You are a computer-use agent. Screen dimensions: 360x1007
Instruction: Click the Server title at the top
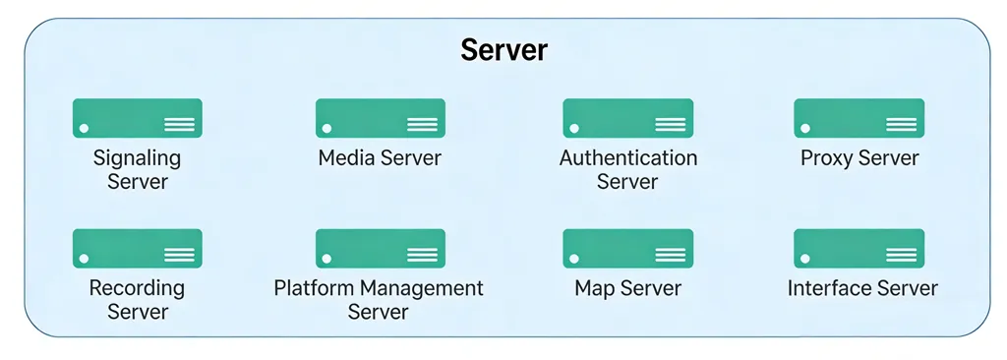pyautogui.click(x=503, y=50)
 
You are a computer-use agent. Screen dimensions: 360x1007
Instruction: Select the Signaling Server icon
pyautogui.click(x=137, y=118)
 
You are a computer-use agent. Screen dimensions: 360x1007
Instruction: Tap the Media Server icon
pyautogui.click(x=380, y=118)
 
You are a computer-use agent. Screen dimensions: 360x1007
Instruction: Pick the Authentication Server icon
pyautogui.click(x=627, y=118)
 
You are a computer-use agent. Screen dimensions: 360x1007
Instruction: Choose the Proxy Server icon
pyautogui.click(x=859, y=118)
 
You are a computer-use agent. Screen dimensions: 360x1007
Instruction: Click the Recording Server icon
pyautogui.click(x=137, y=249)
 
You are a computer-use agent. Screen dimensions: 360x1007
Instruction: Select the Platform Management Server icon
pyautogui.click(x=380, y=249)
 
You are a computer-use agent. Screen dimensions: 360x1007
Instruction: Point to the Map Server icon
pyautogui.click(x=627, y=249)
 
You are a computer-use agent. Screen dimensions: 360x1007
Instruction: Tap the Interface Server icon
pyautogui.click(x=859, y=249)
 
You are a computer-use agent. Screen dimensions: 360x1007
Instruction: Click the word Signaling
pyautogui.click(x=137, y=157)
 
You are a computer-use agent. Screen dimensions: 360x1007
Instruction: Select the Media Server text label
pyautogui.click(x=380, y=158)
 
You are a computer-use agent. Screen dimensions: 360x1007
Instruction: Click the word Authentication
pyautogui.click(x=627, y=157)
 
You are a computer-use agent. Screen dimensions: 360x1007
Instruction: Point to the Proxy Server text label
pyautogui.click(x=859, y=158)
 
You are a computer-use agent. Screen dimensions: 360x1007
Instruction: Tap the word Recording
pyautogui.click(x=137, y=288)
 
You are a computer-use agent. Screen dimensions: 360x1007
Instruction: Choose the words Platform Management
pyautogui.click(x=379, y=288)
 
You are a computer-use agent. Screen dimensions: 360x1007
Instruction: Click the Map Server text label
pyautogui.click(x=627, y=289)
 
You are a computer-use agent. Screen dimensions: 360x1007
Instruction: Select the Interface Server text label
pyautogui.click(x=862, y=289)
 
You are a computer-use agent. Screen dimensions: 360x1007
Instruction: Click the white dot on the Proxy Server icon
pyautogui.click(x=805, y=128)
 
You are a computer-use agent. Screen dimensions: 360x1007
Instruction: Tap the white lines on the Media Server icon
pyautogui.click(x=422, y=124)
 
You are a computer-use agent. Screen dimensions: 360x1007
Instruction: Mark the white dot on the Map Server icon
pyautogui.click(x=574, y=259)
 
